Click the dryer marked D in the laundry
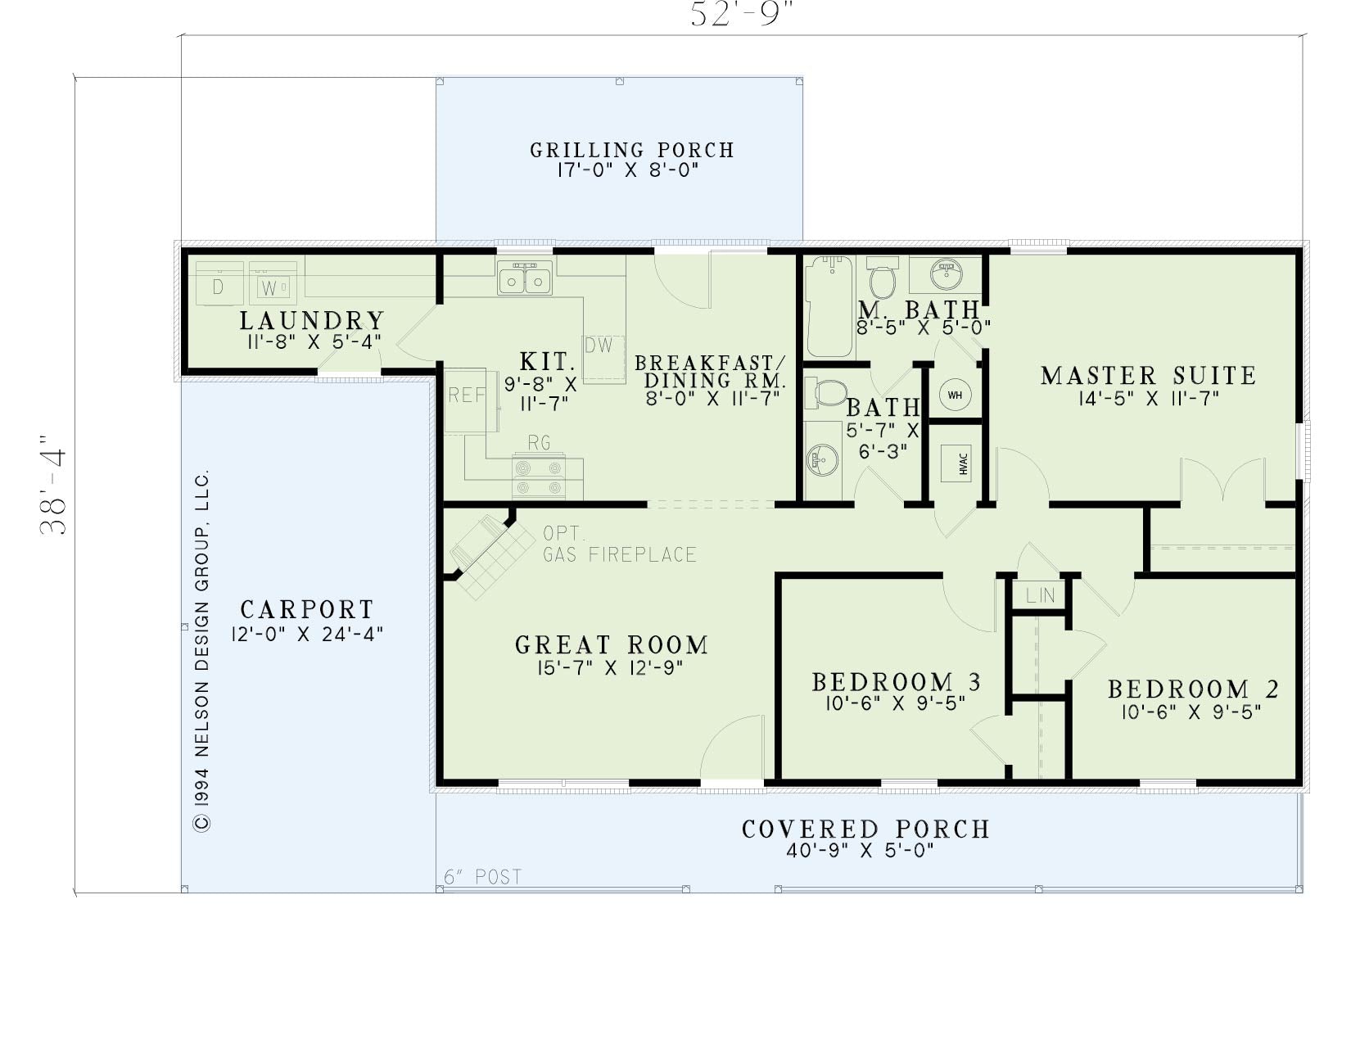tap(219, 283)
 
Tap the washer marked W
tap(273, 283)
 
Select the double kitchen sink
tap(525, 278)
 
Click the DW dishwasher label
tap(599, 345)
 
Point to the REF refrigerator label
tap(467, 395)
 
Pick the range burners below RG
tap(539, 477)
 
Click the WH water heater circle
tap(955, 395)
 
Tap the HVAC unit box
tap(956, 463)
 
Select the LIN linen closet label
tap(1040, 595)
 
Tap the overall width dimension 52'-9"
tap(743, 14)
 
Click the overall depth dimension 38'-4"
tap(53, 484)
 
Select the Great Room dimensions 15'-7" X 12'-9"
tap(610, 668)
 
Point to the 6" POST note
tap(482, 877)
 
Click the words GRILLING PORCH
tap(632, 150)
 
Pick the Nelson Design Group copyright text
tap(202, 651)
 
